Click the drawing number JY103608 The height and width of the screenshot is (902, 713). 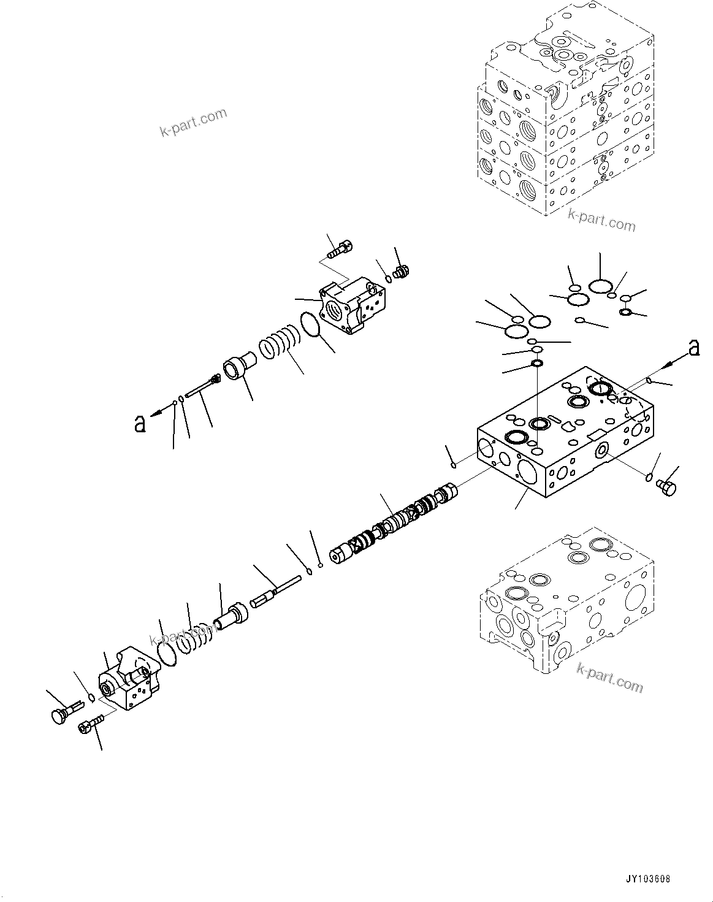pos(647,879)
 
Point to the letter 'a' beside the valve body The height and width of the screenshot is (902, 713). pos(693,348)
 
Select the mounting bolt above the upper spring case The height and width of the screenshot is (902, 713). pos(335,249)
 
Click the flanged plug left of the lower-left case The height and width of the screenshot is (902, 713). pos(61,714)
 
